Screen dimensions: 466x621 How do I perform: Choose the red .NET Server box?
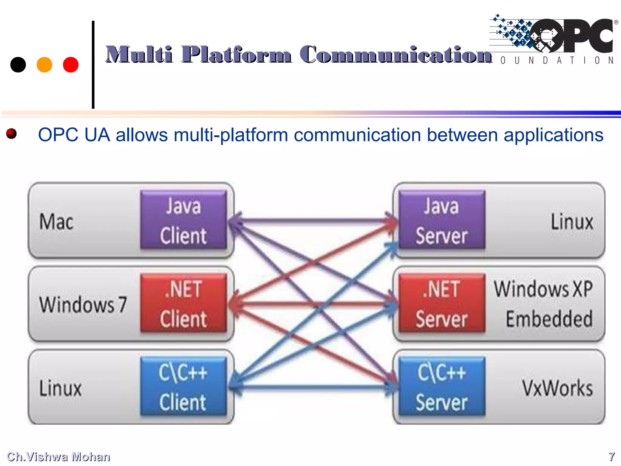click(x=442, y=303)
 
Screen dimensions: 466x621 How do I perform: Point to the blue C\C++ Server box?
click(x=442, y=387)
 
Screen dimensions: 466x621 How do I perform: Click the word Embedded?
click(x=549, y=319)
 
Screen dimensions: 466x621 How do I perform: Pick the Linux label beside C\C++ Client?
click(x=61, y=388)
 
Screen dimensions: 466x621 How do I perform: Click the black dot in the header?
click(x=18, y=65)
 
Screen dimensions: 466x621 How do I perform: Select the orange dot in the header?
click(x=44, y=65)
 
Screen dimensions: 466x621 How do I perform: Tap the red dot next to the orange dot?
click(x=71, y=65)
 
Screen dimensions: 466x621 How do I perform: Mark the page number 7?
click(x=612, y=457)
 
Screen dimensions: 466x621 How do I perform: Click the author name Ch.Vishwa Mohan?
click(x=59, y=457)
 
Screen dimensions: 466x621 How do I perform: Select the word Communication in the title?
click(x=396, y=55)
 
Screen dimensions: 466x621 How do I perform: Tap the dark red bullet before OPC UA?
click(x=12, y=133)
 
